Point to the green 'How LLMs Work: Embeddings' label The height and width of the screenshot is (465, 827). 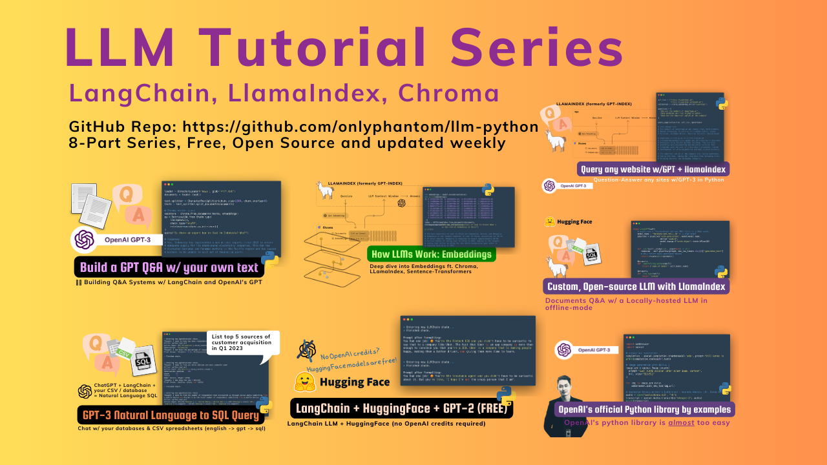(x=431, y=254)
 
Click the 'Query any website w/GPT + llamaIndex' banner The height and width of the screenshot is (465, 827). (x=653, y=169)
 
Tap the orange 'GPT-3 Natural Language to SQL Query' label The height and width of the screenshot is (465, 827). (x=169, y=414)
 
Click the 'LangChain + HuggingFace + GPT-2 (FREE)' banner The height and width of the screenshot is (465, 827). (x=401, y=408)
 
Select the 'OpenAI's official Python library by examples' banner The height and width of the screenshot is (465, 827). (x=644, y=409)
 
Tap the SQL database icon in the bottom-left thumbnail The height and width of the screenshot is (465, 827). (x=143, y=366)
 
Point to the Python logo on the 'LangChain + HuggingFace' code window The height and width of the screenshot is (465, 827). (x=505, y=395)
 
